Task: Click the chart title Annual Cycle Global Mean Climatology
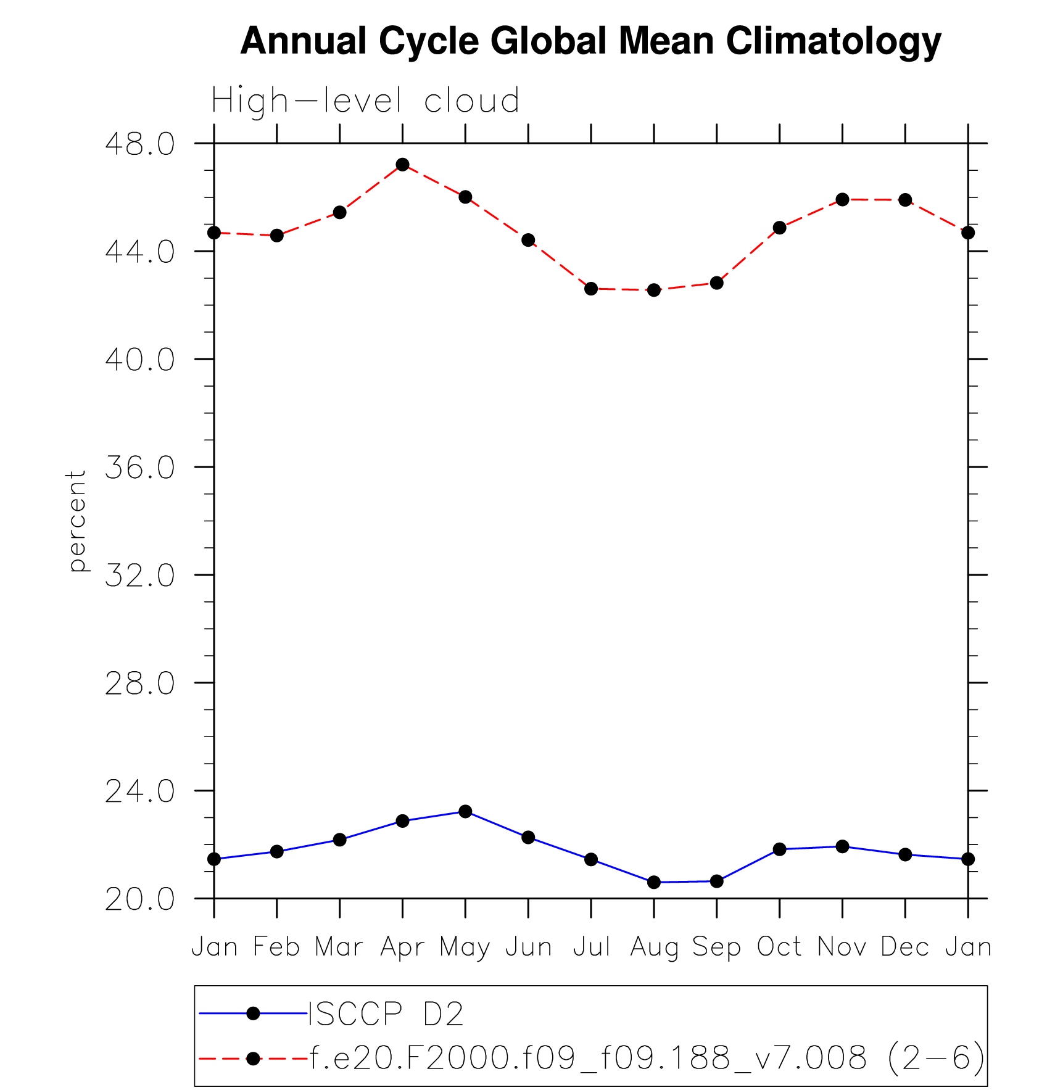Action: (590, 41)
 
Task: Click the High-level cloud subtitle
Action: (365, 100)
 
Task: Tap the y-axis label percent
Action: (77, 521)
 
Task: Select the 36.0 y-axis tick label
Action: (140, 468)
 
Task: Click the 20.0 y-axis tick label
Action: (140, 899)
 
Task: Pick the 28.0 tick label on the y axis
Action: (140, 683)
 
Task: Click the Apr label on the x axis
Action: (402, 947)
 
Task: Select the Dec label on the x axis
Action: (905, 947)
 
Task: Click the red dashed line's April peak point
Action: (403, 165)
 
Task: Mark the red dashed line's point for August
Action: (654, 290)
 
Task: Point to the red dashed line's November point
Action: (843, 199)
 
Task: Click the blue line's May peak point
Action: (465, 811)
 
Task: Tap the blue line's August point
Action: (654, 882)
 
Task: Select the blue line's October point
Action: (780, 849)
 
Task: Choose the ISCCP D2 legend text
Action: (386, 1014)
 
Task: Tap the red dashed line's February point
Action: (277, 236)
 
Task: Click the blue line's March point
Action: (340, 840)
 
